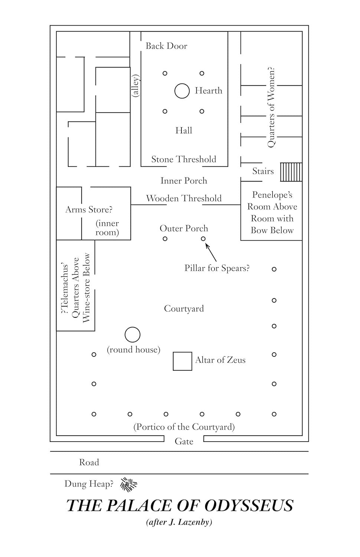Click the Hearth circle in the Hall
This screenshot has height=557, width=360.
tap(182, 91)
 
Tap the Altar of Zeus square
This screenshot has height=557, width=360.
tap(183, 361)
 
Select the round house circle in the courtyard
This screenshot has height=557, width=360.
tap(132, 335)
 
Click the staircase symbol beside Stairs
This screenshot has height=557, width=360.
tap(291, 172)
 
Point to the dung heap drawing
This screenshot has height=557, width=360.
tap(129, 483)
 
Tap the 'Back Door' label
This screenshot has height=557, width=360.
tap(166, 46)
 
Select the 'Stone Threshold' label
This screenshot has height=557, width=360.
tap(184, 159)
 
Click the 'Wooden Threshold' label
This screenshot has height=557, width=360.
tap(184, 198)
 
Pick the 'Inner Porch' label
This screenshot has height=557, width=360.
tap(184, 181)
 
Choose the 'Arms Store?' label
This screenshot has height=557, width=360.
tap(89, 210)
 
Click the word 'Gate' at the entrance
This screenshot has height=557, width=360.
tap(184, 442)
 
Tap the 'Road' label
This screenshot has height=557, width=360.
tap(89, 463)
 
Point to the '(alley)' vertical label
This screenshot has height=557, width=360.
tap(136, 86)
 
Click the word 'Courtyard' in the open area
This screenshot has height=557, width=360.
tap(184, 309)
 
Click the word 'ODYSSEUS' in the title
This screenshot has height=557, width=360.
tap(249, 506)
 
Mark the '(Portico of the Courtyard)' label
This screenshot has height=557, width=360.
tap(184, 427)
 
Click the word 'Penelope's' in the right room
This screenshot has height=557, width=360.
tap(272, 195)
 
